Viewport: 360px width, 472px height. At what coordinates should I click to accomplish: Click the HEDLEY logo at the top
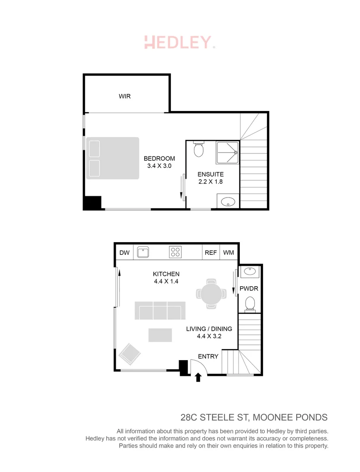click(180, 42)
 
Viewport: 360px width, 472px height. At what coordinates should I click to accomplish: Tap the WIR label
click(125, 96)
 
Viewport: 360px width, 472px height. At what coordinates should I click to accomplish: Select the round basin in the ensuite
click(228, 202)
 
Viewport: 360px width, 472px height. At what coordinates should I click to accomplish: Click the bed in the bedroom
click(113, 158)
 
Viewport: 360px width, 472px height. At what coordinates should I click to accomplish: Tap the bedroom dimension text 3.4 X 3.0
click(159, 166)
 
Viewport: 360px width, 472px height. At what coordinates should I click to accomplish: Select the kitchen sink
click(143, 252)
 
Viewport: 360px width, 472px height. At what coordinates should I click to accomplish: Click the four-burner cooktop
click(176, 252)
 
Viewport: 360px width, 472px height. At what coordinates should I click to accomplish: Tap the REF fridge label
click(211, 253)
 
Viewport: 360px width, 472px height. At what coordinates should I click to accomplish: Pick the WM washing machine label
click(228, 253)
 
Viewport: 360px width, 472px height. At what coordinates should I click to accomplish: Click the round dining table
click(211, 293)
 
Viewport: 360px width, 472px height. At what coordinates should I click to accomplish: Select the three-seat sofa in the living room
click(159, 311)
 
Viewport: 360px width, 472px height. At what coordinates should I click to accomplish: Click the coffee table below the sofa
click(160, 335)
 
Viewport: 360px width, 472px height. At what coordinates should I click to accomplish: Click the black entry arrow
click(198, 377)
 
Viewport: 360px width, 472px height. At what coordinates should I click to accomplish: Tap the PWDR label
click(249, 289)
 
